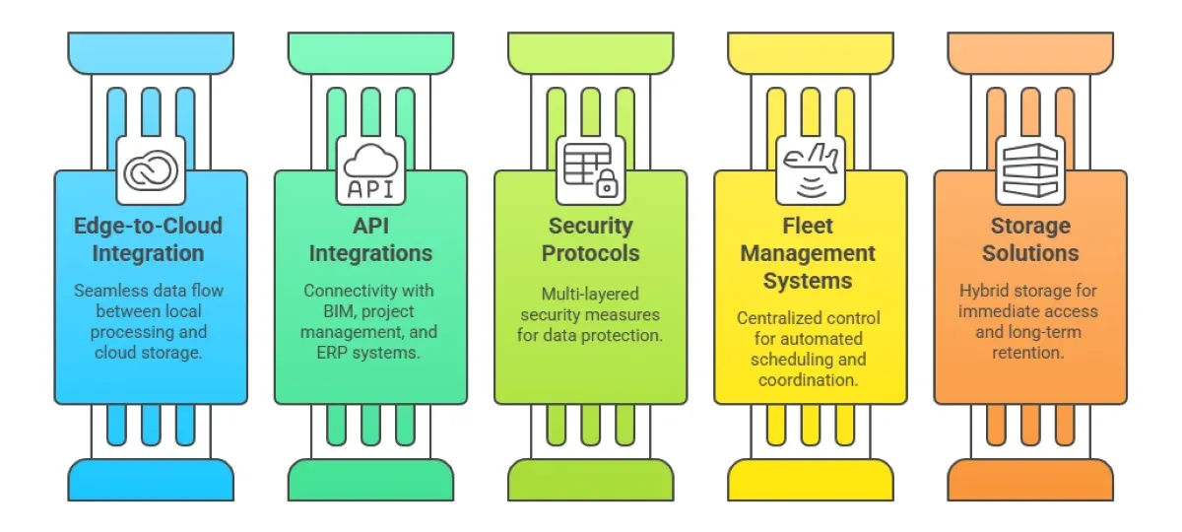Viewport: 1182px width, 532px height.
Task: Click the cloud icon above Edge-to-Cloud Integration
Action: (x=151, y=169)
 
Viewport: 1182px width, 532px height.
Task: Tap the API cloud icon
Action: (x=370, y=169)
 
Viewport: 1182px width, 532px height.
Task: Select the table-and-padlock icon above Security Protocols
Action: (x=590, y=169)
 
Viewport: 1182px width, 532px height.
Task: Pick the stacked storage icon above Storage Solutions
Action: (x=1029, y=169)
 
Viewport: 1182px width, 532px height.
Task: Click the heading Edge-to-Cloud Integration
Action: (x=148, y=239)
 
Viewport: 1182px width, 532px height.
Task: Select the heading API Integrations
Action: (x=370, y=239)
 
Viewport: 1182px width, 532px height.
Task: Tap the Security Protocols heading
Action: (x=590, y=239)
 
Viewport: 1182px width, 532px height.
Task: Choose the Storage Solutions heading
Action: (x=1029, y=239)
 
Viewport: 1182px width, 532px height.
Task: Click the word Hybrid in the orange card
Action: (x=986, y=291)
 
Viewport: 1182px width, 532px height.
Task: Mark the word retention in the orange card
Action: (x=1029, y=352)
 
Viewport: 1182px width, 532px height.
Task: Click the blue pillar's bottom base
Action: (x=151, y=481)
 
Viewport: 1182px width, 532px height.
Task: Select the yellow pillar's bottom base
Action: (x=810, y=481)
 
